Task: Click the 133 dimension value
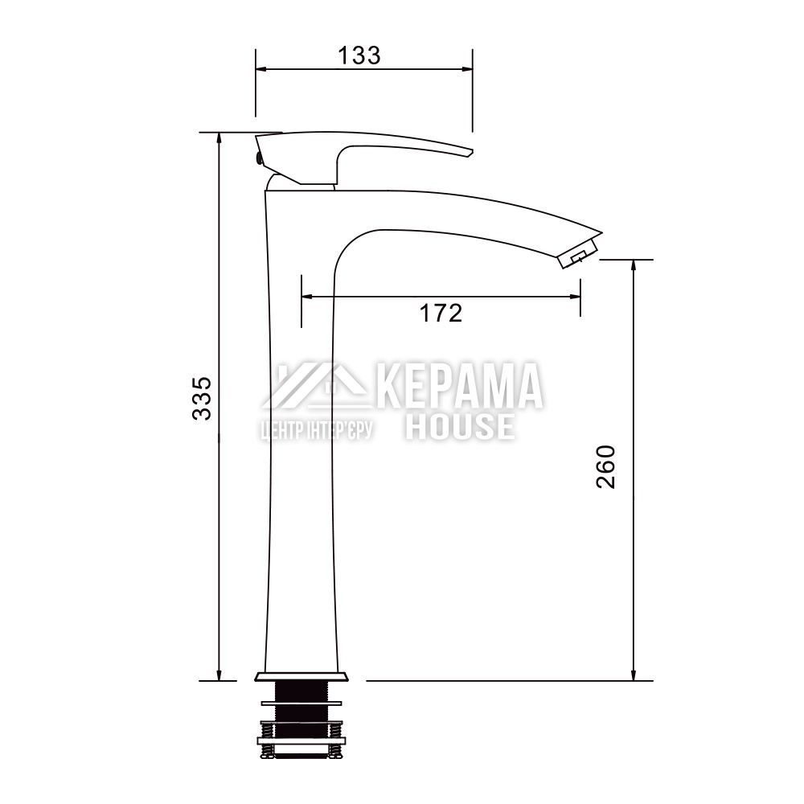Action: (359, 55)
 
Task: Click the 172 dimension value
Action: (441, 313)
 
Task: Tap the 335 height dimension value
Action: (202, 399)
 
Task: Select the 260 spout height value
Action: (605, 466)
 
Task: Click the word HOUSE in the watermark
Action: (461, 427)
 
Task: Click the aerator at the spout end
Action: (580, 254)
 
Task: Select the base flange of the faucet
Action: (301, 676)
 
